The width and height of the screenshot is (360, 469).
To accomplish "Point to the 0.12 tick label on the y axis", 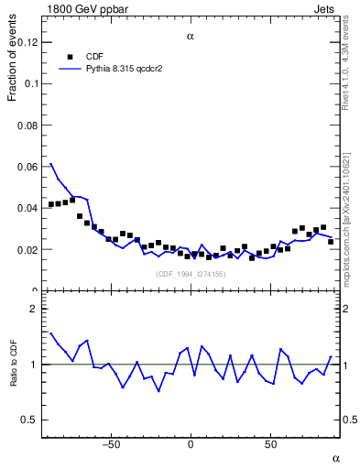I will coord(28,42).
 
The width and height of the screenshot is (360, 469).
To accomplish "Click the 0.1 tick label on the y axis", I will coord(32,83).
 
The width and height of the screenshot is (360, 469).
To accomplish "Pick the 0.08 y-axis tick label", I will coord(28,125).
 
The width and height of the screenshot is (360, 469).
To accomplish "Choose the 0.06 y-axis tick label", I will coord(28,167).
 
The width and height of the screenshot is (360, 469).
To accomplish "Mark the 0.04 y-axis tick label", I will coord(28,208).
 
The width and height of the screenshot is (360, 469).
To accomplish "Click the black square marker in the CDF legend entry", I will coord(70,56).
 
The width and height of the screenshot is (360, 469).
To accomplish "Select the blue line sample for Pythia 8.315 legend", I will coord(70,69).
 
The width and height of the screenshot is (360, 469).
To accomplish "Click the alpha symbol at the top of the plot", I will coord(190,37).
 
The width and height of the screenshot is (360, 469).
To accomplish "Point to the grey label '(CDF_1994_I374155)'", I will coord(190,274).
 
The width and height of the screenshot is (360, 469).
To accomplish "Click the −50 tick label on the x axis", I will coord(111,445).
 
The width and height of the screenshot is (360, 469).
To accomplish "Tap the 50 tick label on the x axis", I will coord(270,445).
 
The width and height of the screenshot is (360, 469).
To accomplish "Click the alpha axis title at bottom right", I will coord(335,457).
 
